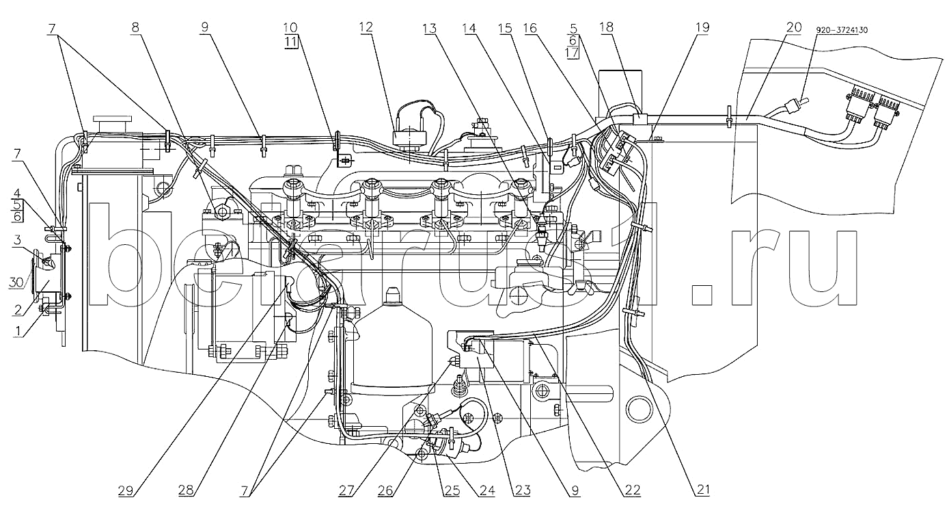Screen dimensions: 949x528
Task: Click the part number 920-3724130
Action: pyautogui.click(x=842, y=30)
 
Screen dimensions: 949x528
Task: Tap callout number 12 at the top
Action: pyautogui.click(x=366, y=27)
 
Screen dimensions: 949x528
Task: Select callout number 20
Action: pyautogui.click(x=794, y=27)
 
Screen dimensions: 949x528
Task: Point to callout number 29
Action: pyautogui.click(x=126, y=490)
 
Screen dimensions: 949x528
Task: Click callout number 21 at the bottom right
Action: pyautogui.click(x=703, y=490)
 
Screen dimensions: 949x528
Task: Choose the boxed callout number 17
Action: pyautogui.click(x=573, y=53)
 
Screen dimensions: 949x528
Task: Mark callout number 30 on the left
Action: pyautogui.click(x=16, y=282)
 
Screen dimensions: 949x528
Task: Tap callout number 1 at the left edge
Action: pyautogui.click(x=18, y=330)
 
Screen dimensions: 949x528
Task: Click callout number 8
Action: pyautogui.click(x=135, y=27)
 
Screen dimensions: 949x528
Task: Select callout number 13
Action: pyautogui.click(x=430, y=29)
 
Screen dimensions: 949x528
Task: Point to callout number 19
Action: pyautogui.click(x=702, y=27)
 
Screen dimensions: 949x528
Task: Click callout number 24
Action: pyautogui.click(x=487, y=490)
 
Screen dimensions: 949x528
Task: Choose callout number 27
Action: pyautogui.click(x=346, y=490)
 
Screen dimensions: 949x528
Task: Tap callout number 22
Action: pyautogui.click(x=633, y=490)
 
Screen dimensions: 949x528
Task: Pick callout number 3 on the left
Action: pyautogui.click(x=17, y=240)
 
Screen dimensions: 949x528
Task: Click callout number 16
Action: pyautogui.click(x=530, y=29)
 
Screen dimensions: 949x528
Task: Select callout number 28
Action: pyautogui.click(x=186, y=490)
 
